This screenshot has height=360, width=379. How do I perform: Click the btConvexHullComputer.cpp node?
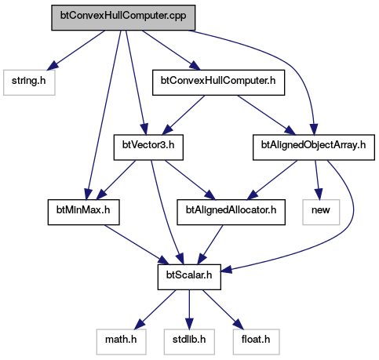pos(123,17)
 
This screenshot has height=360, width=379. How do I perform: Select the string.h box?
pos(29,82)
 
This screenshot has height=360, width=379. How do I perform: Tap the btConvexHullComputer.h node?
pos(218,82)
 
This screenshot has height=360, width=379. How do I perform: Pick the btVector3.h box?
pos(148,147)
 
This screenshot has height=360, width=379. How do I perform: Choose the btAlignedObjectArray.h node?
pos(314,147)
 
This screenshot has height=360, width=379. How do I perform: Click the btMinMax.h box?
pos(83,212)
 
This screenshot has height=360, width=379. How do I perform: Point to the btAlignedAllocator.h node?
pos(231,212)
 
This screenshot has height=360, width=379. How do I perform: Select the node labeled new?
pos(321,212)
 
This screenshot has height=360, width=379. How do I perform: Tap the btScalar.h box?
pos(189,277)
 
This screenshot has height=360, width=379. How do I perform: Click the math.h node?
pos(121,342)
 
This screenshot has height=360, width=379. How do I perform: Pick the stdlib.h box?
pos(189,342)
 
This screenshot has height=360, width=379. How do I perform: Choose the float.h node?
pos(256,342)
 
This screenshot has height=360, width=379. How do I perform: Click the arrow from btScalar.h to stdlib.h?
pos(189,309)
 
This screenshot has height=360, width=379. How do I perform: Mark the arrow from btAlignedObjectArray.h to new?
pos(317,180)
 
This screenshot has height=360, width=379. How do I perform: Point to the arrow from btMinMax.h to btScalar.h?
pos(137,245)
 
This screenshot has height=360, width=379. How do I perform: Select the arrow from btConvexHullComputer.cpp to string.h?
pos(76,50)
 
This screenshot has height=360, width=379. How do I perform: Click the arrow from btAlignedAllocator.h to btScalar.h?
pos(210,245)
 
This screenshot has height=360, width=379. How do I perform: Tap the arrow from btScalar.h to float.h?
pos(223,309)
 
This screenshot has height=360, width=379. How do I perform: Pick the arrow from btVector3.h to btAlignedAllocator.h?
pos(190,180)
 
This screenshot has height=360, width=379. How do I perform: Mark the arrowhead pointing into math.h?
pos(140,324)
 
